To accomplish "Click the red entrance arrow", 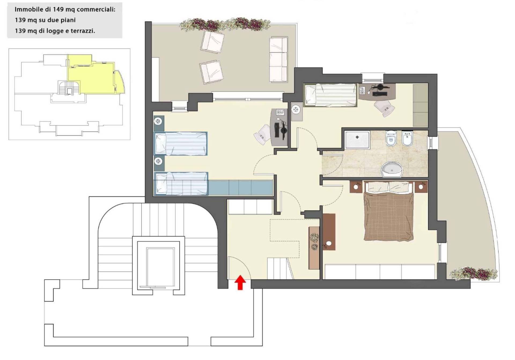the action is pyautogui.click(x=240, y=282).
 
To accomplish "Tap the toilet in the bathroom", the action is pyautogui.click(x=391, y=138).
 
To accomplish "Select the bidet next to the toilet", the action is pyautogui.click(x=407, y=139).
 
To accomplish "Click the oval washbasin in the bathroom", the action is pyautogui.click(x=392, y=169).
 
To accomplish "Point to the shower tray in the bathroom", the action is pyautogui.click(x=357, y=140).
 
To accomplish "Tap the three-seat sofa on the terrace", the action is pyautogui.click(x=278, y=59).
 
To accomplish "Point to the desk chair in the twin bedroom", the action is pyautogui.click(x=263, y=134).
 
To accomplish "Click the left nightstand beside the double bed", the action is pyautogui.click(x=356, y=187).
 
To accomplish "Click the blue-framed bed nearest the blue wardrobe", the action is pyautogui.click(x=181, y=184).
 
